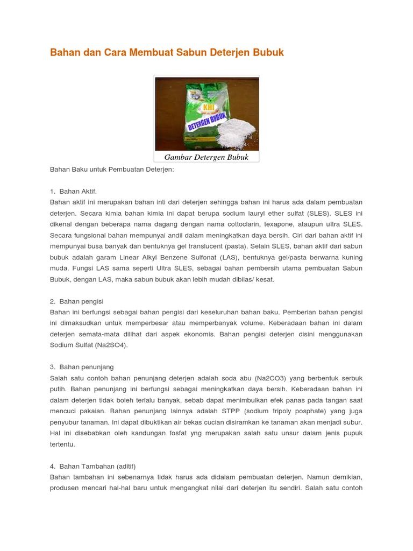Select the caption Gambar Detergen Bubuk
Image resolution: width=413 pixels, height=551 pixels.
tap(206, 157)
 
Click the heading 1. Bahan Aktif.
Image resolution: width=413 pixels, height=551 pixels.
tap(73, 191)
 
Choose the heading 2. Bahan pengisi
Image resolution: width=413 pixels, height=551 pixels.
tap(76, 301)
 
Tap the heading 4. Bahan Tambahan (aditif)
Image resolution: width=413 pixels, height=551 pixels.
tap(92, 466)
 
